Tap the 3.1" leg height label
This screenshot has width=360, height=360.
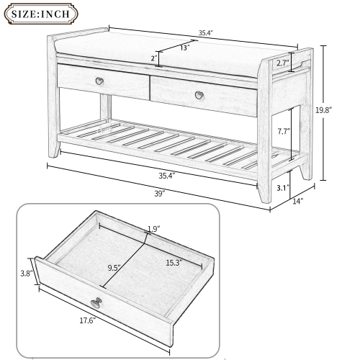pyautogui.click(x=283, y=188)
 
